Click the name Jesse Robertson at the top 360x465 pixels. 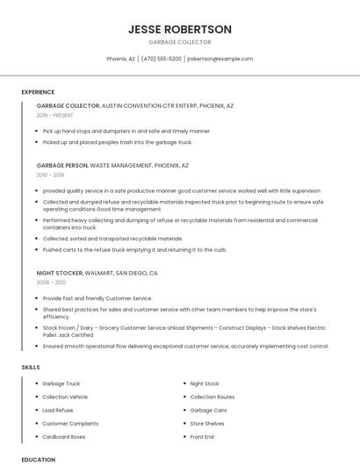(180, 29)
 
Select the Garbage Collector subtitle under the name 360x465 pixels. (180, 42)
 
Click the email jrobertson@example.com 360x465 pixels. (220, 59)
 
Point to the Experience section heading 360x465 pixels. (38, 91)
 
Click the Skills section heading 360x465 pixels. (31, 367)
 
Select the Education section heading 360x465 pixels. (38, 459)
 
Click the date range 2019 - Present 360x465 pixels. (55, 115)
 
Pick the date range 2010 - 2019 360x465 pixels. (51, 175)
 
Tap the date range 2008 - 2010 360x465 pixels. (51, 283)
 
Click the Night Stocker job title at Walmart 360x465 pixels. (61, 273)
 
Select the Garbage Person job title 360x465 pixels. (62, 165)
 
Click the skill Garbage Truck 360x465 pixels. (61, 383)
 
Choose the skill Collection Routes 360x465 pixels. (212, 397)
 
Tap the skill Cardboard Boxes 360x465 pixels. (64, 436)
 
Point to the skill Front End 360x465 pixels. (202, 436)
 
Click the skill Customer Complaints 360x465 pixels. (70, 423)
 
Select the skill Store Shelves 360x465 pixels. (207, 423)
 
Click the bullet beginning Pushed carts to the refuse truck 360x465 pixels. (134, 249)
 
